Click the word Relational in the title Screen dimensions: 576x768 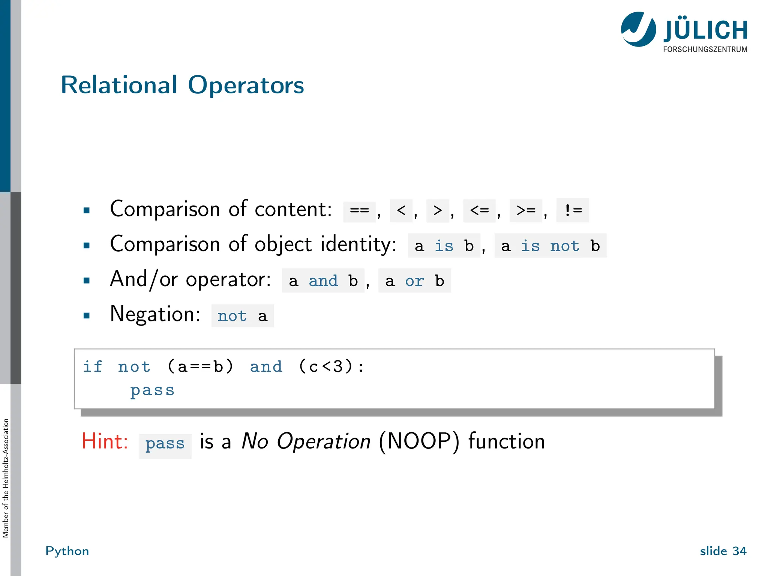click(118, 85)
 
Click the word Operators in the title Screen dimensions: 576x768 click(246, 85)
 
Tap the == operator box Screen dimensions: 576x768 click(359, 211)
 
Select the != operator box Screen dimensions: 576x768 click(573, 210)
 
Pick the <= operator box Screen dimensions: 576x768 click(479, 211)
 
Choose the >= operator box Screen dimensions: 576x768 click(526, 211)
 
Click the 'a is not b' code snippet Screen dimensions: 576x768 click(550, 246)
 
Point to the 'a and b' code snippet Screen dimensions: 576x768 click(323, 281)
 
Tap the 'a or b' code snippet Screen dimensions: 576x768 click(414, 281)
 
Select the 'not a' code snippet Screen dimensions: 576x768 click(242, 316)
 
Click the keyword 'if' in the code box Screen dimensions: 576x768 click(92, 366)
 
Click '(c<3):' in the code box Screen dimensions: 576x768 click(331, 366)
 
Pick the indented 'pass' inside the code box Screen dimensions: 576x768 click(152, 390)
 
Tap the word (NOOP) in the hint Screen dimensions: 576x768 click(419, 441)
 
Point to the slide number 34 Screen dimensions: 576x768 click(739, 551)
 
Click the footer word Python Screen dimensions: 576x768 click(67, 551)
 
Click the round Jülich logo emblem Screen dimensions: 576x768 click(638, 29)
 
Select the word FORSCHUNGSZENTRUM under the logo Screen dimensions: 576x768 click(705, 49)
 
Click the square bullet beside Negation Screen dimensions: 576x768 click(87, 315)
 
